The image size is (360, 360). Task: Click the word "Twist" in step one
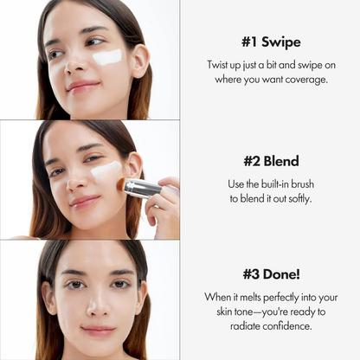[x=221, y=65]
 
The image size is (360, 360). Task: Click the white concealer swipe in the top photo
[x=107, y=57]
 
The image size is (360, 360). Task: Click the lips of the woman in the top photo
[x=82, y=86]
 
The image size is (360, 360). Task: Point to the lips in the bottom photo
[x=97, y=330]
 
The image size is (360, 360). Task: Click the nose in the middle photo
[x=80, y=180]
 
